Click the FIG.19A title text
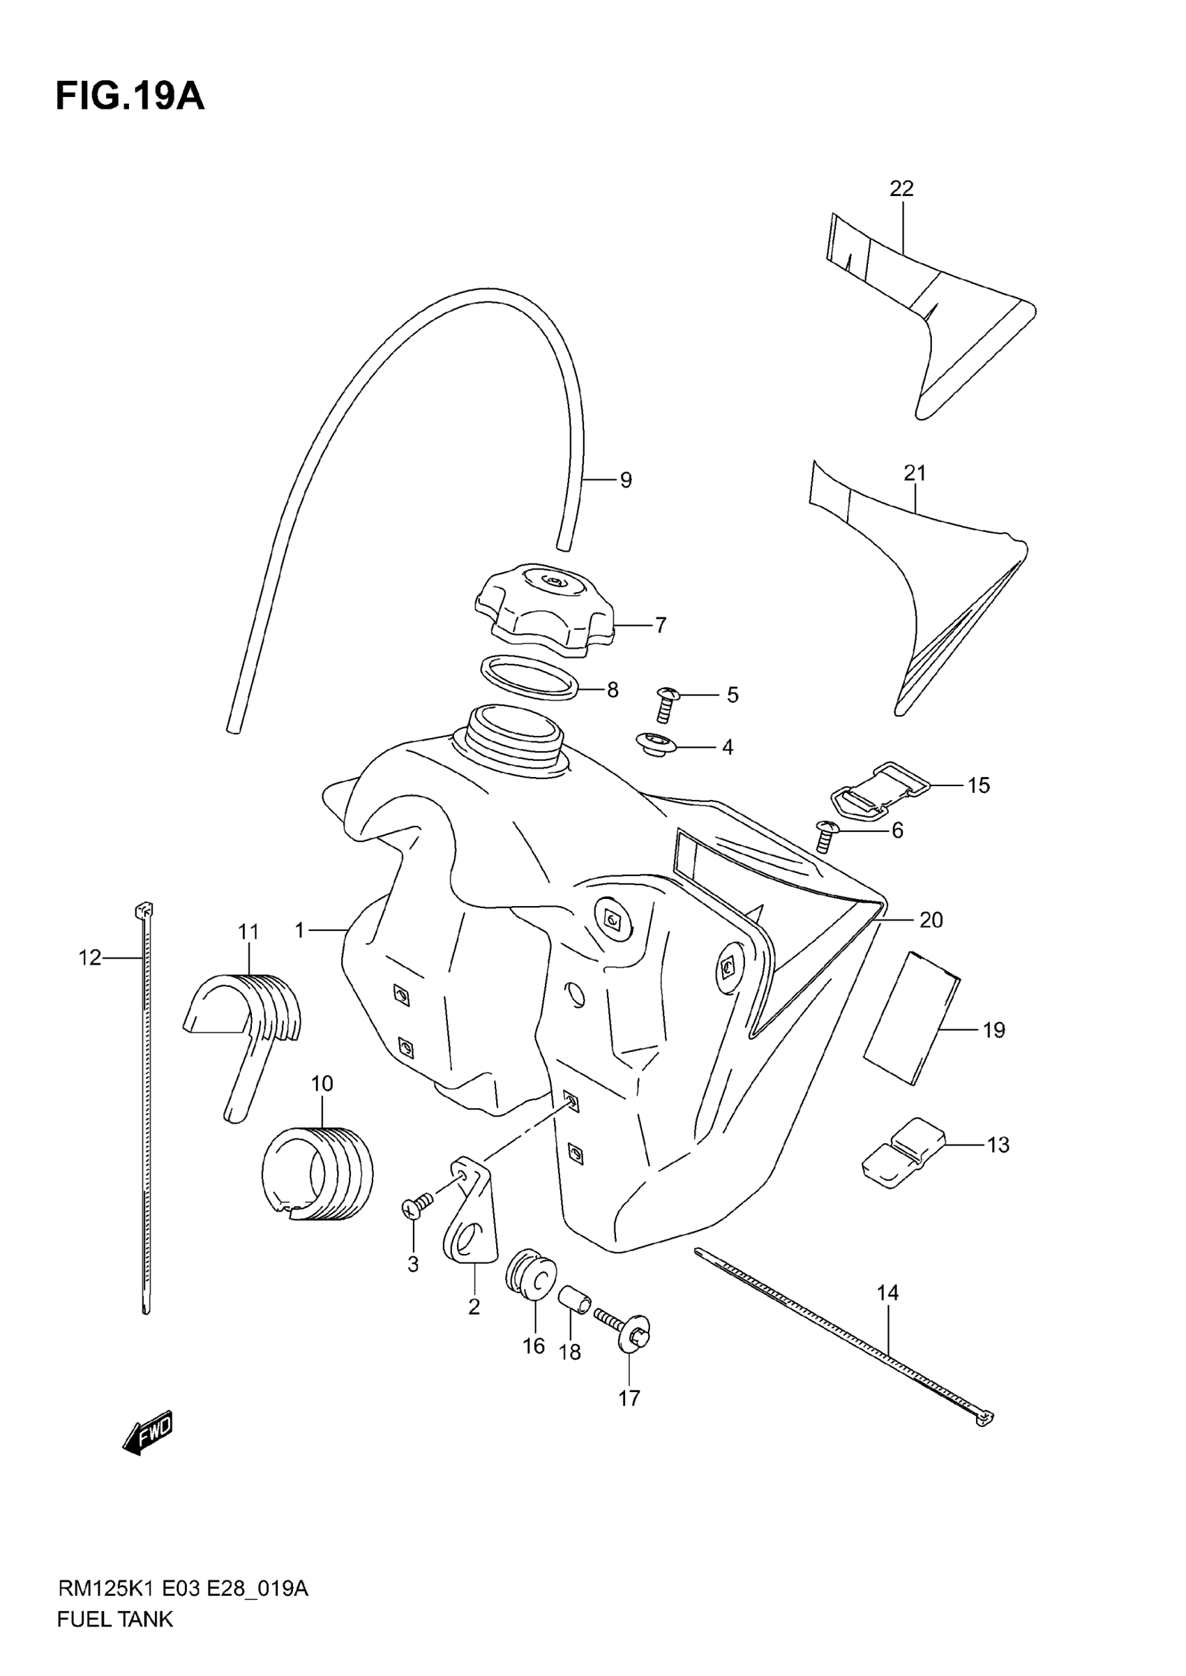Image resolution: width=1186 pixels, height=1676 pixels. point(130,97)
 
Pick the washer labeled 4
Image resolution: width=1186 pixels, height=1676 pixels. point(654,746)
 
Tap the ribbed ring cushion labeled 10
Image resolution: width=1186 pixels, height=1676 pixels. point(316,1175)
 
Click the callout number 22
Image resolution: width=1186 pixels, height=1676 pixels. point(901,189)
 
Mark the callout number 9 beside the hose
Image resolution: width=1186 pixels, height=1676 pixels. point(625,481)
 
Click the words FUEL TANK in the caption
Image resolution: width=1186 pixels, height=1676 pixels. point(114,1640)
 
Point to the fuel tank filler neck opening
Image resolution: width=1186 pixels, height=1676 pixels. point(509,725)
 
